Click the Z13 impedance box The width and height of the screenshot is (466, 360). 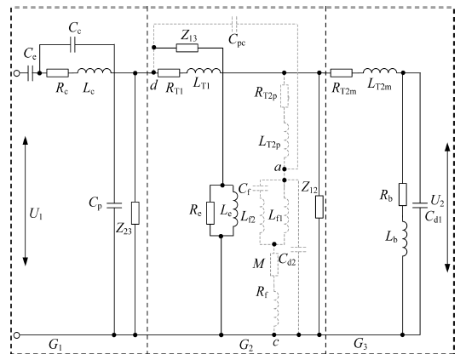(x=187, y=48)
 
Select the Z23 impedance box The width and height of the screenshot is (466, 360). (x=135, y=213)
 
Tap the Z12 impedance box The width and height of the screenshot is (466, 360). (x=319, y=207)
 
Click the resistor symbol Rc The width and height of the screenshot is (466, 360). (x=58, y=73)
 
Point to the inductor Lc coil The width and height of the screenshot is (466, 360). (x=95, y=71)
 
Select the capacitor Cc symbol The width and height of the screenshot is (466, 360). (x=72, y=45)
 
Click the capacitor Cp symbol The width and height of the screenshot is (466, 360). (x=114, y=205)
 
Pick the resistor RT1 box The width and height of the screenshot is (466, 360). (x=169, y=73)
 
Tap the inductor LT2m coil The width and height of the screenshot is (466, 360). (x=380, y=71)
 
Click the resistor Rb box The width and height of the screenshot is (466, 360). (x=403, y=194)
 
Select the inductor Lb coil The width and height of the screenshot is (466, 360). (x=405, y=238)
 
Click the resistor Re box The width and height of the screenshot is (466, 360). (x=210, y=213)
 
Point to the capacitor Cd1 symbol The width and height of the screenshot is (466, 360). (x=420, y=205)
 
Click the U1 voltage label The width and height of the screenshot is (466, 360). (x=36, y=214)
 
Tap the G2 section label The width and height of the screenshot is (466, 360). (x=246, y=346)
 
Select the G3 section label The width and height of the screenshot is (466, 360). (x=360, y=344)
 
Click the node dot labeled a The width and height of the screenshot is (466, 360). (x=285, y=169)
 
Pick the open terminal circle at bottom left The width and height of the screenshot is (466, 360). (x=17, y=335)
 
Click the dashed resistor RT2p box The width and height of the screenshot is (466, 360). (x=285, y=96)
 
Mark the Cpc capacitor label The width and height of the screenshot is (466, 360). (x=237, y=40)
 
